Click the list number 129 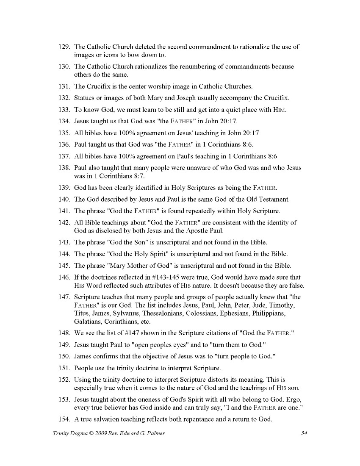pos(64,47)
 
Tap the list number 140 pos(64,199)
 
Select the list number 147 pos(64,297)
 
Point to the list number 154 pos(64,419)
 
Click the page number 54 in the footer pos(304,433)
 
